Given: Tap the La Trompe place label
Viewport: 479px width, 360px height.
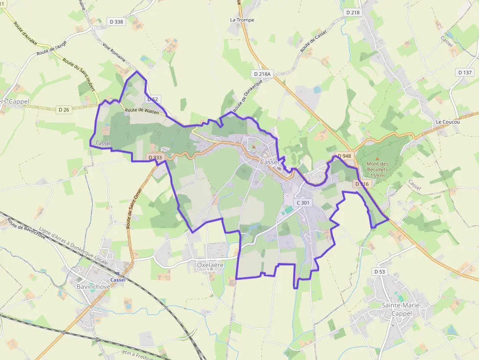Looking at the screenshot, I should [242, 20].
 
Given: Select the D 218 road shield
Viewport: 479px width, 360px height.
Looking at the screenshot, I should [352, 12].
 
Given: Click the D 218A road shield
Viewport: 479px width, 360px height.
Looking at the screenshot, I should [262, 73].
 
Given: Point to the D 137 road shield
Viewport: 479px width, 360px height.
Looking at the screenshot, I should [465, 72].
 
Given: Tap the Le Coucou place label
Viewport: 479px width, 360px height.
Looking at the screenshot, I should [448, 122].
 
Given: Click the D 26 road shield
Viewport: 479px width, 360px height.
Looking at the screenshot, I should [64, 110].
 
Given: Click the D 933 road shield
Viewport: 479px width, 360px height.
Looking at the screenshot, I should [154, 157].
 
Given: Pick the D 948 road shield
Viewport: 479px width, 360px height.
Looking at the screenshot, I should [344, 156].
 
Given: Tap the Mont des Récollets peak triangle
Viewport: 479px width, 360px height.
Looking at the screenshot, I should [377, 159].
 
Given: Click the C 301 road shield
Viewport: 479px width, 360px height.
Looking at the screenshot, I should [303, 202].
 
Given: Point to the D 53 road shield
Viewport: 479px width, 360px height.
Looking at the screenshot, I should [379, 271].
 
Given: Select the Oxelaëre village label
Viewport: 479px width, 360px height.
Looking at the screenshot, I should [210, 265].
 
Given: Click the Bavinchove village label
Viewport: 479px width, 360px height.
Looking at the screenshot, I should [93, 286].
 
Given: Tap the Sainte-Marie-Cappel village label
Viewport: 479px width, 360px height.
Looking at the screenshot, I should [401, 309].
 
